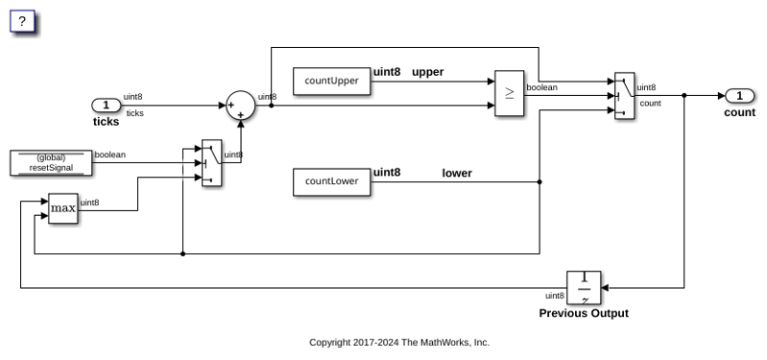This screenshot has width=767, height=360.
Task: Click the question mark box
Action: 22,21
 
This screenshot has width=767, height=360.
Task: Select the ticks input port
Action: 107,106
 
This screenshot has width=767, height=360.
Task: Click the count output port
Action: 739,96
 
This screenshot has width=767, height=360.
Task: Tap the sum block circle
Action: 241,106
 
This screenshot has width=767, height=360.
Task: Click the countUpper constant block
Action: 331,82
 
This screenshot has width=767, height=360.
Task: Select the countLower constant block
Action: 331,182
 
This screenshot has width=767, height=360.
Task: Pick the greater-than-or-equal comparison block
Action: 509,93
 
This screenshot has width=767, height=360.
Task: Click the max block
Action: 63,208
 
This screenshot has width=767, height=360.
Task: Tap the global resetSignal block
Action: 51,163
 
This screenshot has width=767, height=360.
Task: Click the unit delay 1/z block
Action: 584,288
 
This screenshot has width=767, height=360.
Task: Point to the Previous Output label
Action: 584,313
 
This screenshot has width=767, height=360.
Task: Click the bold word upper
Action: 427,72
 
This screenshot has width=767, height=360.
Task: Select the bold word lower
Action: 457,173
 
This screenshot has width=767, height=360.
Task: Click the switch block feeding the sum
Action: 212,163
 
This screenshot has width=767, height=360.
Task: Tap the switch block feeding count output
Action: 625,96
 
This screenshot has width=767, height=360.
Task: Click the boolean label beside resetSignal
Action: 110,155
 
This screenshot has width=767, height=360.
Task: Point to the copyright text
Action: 399,343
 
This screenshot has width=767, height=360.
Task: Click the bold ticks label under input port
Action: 107,121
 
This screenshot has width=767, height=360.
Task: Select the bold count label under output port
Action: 739,112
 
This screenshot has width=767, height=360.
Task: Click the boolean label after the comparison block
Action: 541,87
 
